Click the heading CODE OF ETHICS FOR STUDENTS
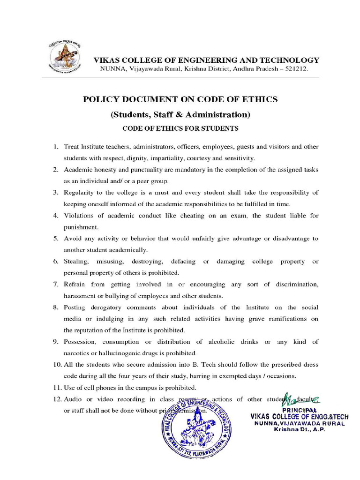coord(180,128)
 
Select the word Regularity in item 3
coord(81,192)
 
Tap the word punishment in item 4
coord(81,227)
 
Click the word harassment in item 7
coord(81,296)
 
